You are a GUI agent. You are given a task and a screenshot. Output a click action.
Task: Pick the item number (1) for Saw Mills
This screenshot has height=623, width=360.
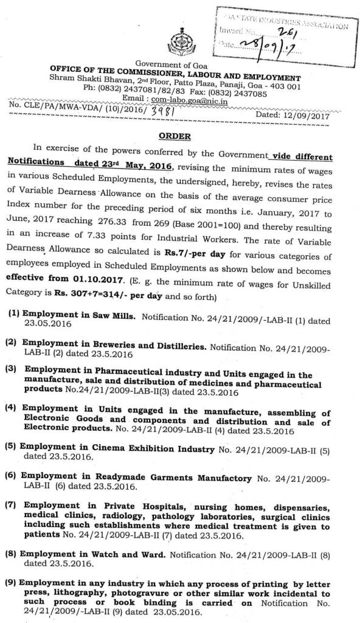coord(13,317)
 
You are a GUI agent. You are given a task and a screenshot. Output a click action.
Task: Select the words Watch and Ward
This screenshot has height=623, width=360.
coord(131,555)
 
